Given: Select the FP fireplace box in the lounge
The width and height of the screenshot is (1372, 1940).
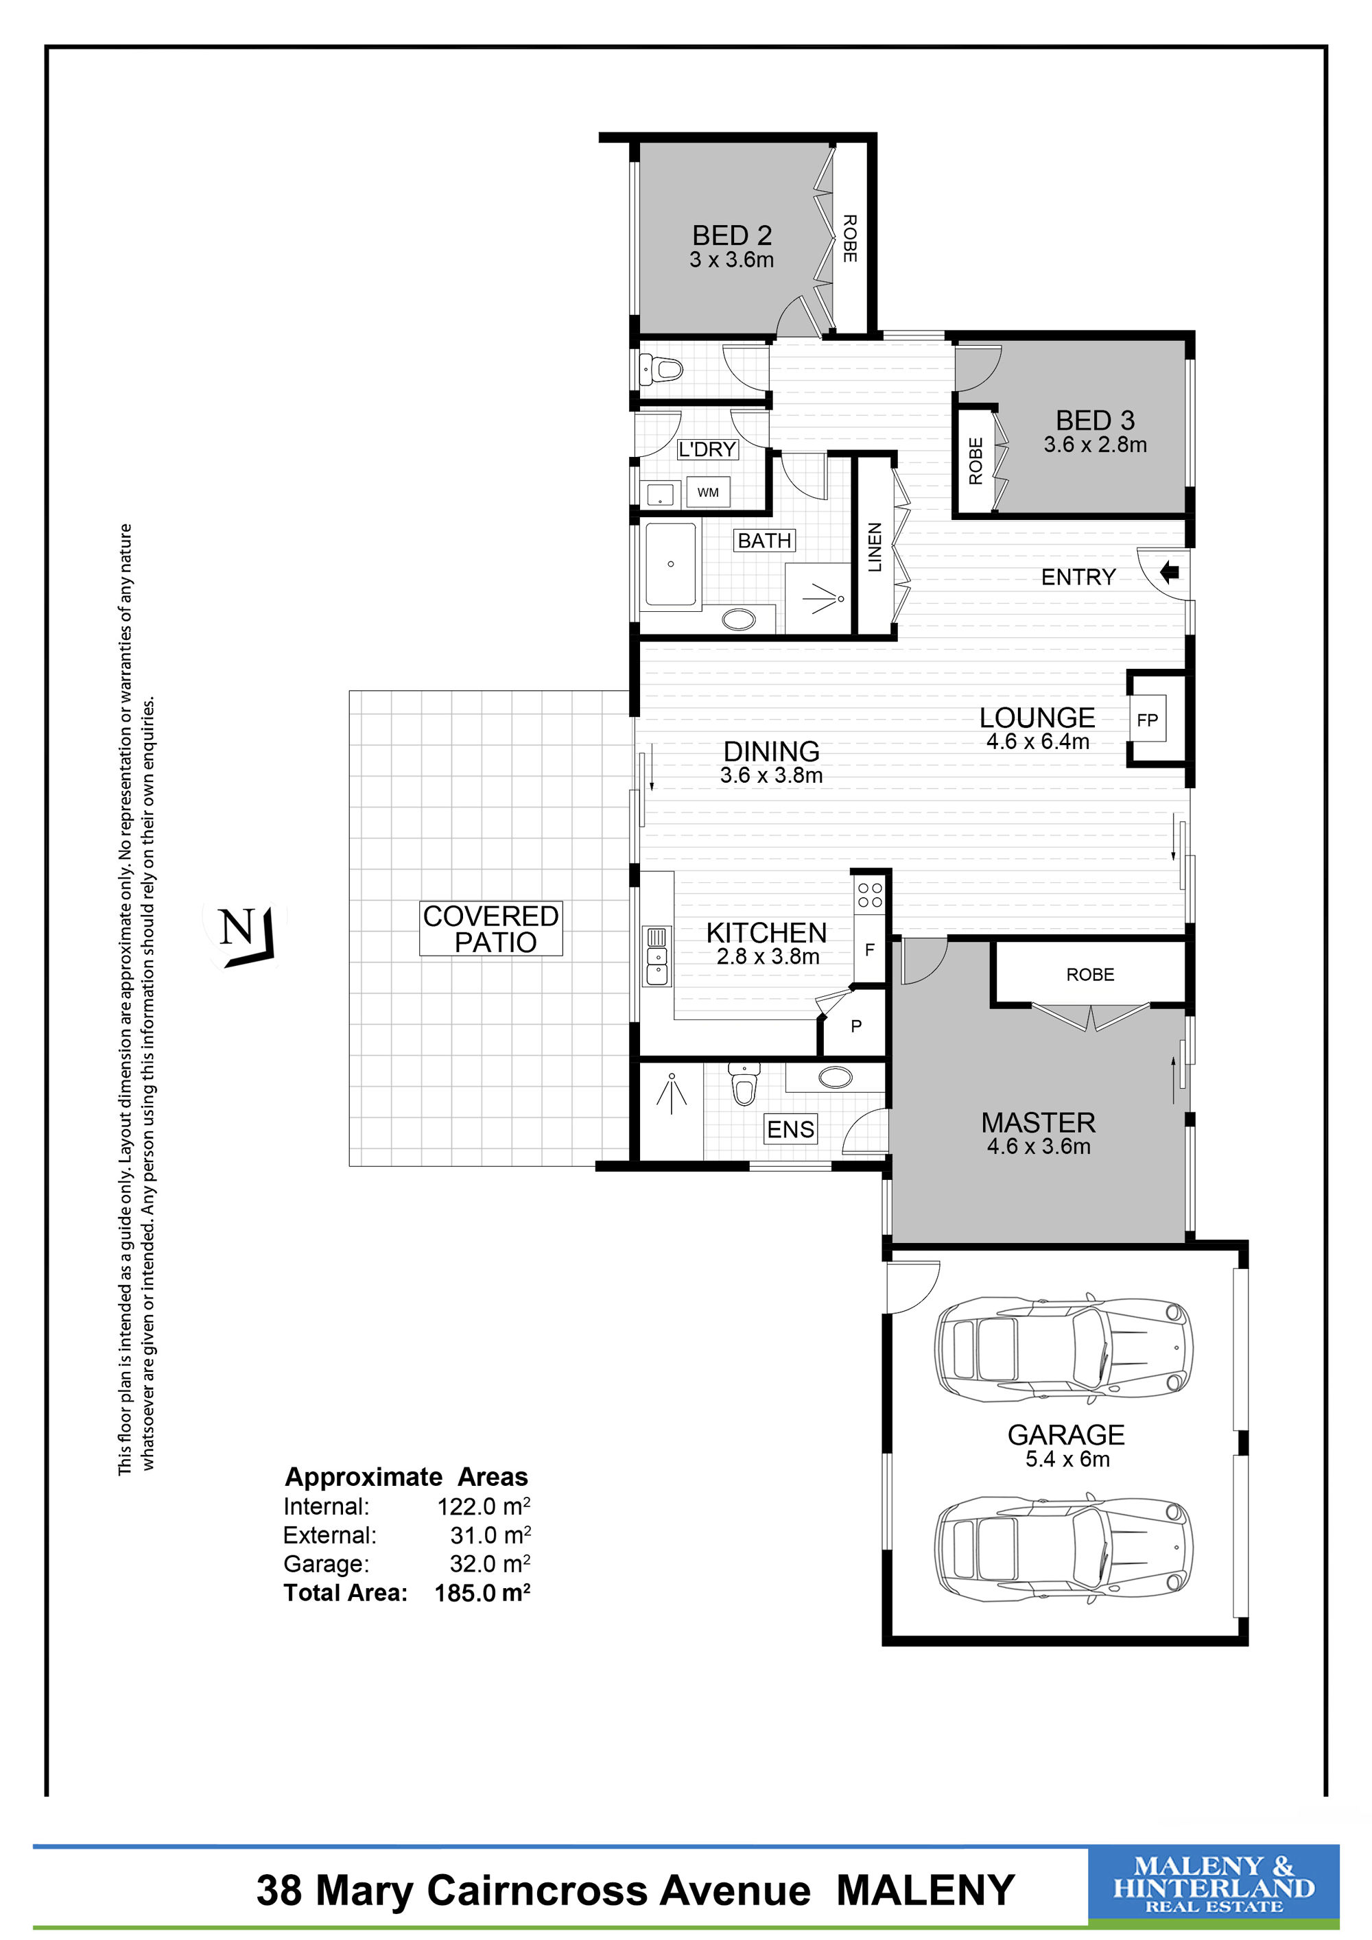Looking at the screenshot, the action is click(1147, 720).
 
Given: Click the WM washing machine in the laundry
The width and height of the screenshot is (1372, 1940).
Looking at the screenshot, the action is click(708, 493).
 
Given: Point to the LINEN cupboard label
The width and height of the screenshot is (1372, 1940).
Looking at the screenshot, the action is click(875, 547).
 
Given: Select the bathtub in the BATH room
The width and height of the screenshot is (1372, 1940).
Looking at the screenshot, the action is click(671, 564).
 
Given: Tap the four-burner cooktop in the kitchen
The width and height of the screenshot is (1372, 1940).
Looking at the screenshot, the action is click(870, 895).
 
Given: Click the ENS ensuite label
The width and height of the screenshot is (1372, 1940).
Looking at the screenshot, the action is click(791, 1129).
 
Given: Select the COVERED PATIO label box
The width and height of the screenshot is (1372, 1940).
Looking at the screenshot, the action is click(491, 929).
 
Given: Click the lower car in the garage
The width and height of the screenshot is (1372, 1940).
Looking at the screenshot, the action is click(1063, 1550).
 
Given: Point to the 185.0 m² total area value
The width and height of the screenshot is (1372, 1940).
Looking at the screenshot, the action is click(482, 1593).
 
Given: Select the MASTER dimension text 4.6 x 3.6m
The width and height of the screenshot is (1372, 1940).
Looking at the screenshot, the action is click(1039, 1146).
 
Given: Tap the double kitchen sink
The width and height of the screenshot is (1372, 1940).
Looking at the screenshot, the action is click(656, 966).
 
